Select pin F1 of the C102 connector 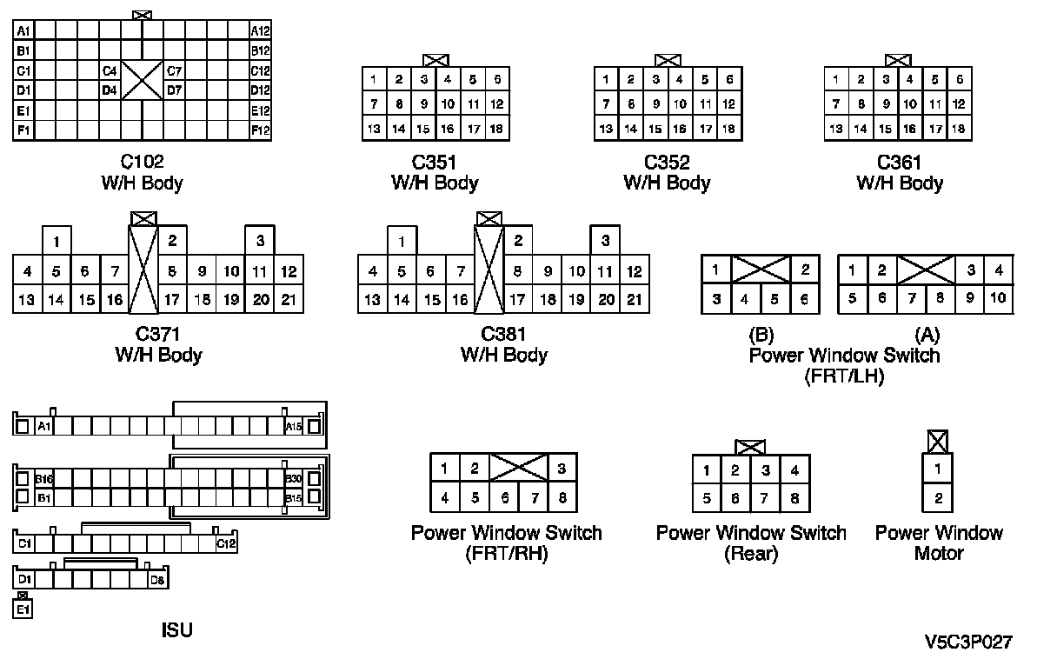(x=23, y=130)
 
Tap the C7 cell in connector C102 (x=174, y=71)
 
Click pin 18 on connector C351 (x=497, y=129)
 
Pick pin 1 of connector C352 (x=605, y=80)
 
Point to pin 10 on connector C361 (x=910, y=104)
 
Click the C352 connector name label (x=667, y=163)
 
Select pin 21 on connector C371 (x=289, y=300)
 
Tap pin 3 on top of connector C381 (x=605, y=241)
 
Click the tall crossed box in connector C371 (x=143, y=270)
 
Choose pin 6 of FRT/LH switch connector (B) (x=805, y=299)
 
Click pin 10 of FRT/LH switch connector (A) (x=999, y=299)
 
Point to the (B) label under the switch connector (x=761, y=335)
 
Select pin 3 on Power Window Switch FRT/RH (x=562, y=469)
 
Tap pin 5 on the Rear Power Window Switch (x=707, y=499)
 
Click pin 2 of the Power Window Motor (x=937, y=499)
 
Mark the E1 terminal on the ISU (x=23, y=609)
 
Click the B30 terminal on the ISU (x=293, y=479)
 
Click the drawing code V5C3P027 (x=968, y=642)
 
